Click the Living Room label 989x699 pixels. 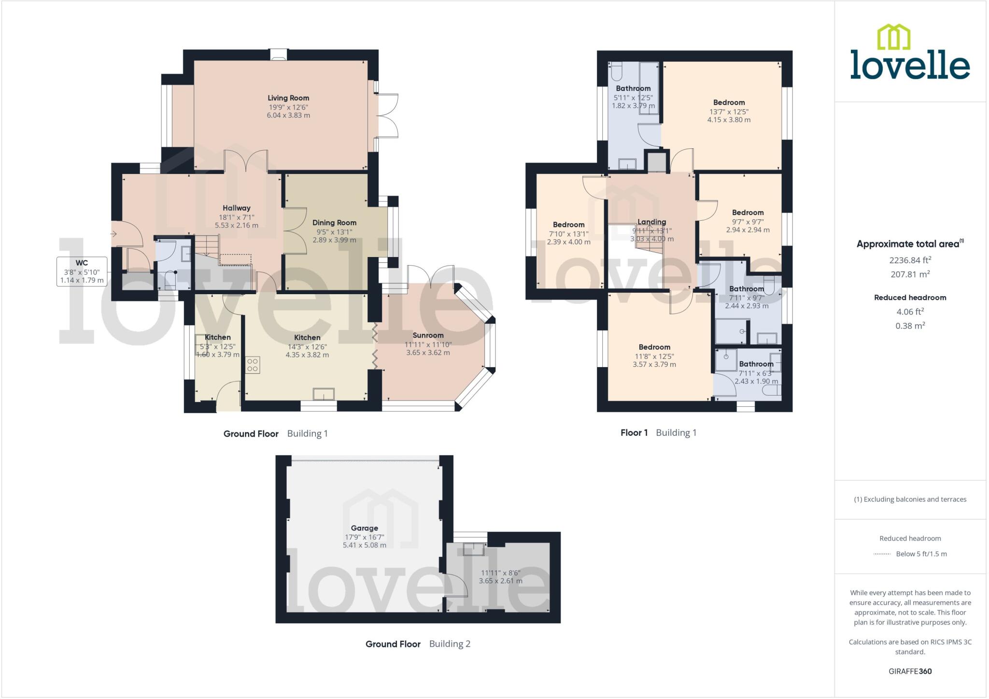coord(288,98)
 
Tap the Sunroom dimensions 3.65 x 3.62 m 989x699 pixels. coord(428,353)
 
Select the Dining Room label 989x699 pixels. coord(334,223)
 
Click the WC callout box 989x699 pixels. coord(82,271)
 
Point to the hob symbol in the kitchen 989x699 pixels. coord(253,365)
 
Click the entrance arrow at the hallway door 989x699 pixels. coord(114,234)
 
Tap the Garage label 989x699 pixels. coord(364,528)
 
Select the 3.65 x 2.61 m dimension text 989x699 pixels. coord(500,581)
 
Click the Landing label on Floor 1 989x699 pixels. coord(651,222)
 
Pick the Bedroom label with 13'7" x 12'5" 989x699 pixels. coord(729,102)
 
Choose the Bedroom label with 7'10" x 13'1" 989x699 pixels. coord(568,225)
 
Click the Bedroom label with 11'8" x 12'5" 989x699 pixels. coord(654,347)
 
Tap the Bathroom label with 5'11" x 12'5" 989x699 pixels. coord(633,88)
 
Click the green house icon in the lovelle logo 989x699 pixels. coord(893,37)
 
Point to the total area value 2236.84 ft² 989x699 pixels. coord(910,260)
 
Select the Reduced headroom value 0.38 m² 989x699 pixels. coord(910,326)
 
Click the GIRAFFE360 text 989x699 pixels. coord(910,671)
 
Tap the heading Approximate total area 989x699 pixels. coord(908,244)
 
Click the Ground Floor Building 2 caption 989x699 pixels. coord(418,644)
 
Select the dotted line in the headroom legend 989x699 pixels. coord(882,554)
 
